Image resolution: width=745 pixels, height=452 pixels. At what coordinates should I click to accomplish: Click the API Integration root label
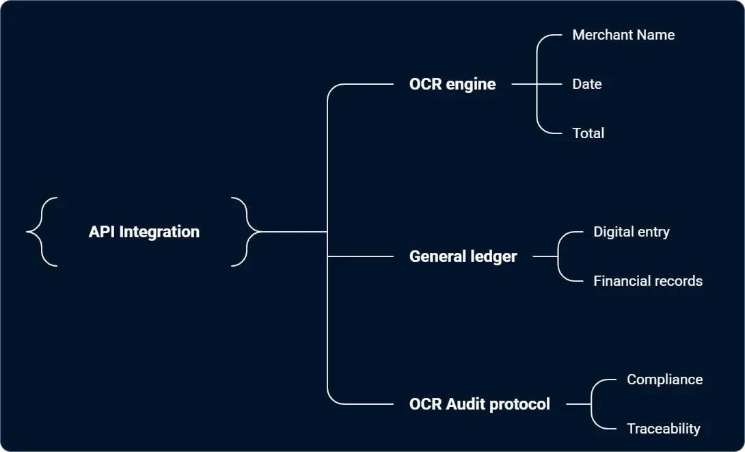(144, 232)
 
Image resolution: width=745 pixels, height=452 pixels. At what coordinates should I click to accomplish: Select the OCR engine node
(452, 84)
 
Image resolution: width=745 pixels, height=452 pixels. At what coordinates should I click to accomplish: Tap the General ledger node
(463, 256)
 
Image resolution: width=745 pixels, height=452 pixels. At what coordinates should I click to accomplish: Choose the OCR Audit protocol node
(479, 404)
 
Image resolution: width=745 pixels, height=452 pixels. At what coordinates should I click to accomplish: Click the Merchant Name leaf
(623, 35)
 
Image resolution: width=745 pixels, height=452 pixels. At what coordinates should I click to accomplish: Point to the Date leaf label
(587, 84)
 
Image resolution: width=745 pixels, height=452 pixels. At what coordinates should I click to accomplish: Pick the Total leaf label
(588, 133)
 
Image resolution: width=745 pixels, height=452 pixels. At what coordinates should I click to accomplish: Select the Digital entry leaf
(632, 232)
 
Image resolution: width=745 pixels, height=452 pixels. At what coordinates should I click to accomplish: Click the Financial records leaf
(648, 281)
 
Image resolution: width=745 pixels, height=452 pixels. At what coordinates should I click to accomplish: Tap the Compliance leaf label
(664, 380)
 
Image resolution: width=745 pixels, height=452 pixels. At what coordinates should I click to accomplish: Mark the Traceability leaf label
(664, 429)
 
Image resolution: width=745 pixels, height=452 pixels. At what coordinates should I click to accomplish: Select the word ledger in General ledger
(492, 256)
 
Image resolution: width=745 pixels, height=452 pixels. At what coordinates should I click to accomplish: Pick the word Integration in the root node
(159, 232)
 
